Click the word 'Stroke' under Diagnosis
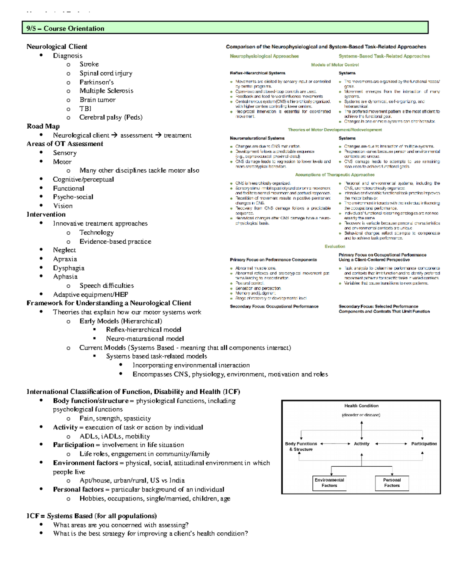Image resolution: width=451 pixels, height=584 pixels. (x=89, y=64)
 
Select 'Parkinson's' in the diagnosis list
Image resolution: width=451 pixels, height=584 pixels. (x=97, y=82)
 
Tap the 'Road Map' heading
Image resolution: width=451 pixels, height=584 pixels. (x=43, y=126)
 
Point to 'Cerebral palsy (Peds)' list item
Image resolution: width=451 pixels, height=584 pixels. (x=111, y=117)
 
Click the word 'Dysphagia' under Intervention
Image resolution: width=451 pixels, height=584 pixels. (x=68, y=268)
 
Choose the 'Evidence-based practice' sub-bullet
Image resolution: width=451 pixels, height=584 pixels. (x=115, y=241)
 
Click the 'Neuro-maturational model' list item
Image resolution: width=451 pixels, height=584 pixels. (x=145, y=338)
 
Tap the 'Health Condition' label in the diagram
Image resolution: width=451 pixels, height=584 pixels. (x=361, y=406)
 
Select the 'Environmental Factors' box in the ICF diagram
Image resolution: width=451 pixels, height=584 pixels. (x=329, y=483)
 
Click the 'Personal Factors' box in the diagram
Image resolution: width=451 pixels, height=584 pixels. (x=392, y=483)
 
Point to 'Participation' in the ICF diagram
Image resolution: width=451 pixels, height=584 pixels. (x=424, y=444)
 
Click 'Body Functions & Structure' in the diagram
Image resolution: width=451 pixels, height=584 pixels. (x=301, y=446)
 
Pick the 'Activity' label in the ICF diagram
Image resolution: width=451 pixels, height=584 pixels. (x=362, y=444)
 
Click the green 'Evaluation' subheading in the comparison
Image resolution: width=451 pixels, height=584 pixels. (x=334, y=246)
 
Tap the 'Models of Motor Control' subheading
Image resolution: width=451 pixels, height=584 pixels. (x=334, y=65)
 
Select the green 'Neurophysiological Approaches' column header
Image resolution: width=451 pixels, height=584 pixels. (x=264, y=56)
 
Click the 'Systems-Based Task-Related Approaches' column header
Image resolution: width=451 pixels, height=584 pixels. (x=384, y=56)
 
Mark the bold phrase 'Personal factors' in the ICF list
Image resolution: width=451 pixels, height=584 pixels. (x=78, y=490)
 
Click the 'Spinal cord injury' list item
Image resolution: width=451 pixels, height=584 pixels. (x=106, y=73)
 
